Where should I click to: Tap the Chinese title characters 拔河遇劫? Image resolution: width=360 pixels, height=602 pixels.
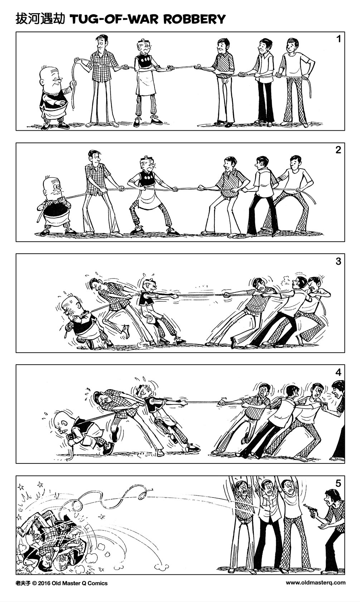[40, 19]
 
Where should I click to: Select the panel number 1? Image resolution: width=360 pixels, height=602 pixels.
[338, 39]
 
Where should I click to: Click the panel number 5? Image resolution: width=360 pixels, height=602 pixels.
[338, 483]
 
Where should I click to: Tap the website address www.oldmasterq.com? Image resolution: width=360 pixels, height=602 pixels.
[316, 583]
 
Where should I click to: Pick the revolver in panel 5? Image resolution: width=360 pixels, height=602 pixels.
[308, 508]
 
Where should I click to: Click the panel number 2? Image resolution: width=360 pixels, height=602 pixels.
[338, 150]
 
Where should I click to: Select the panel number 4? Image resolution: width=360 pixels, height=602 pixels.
[338, 372]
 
